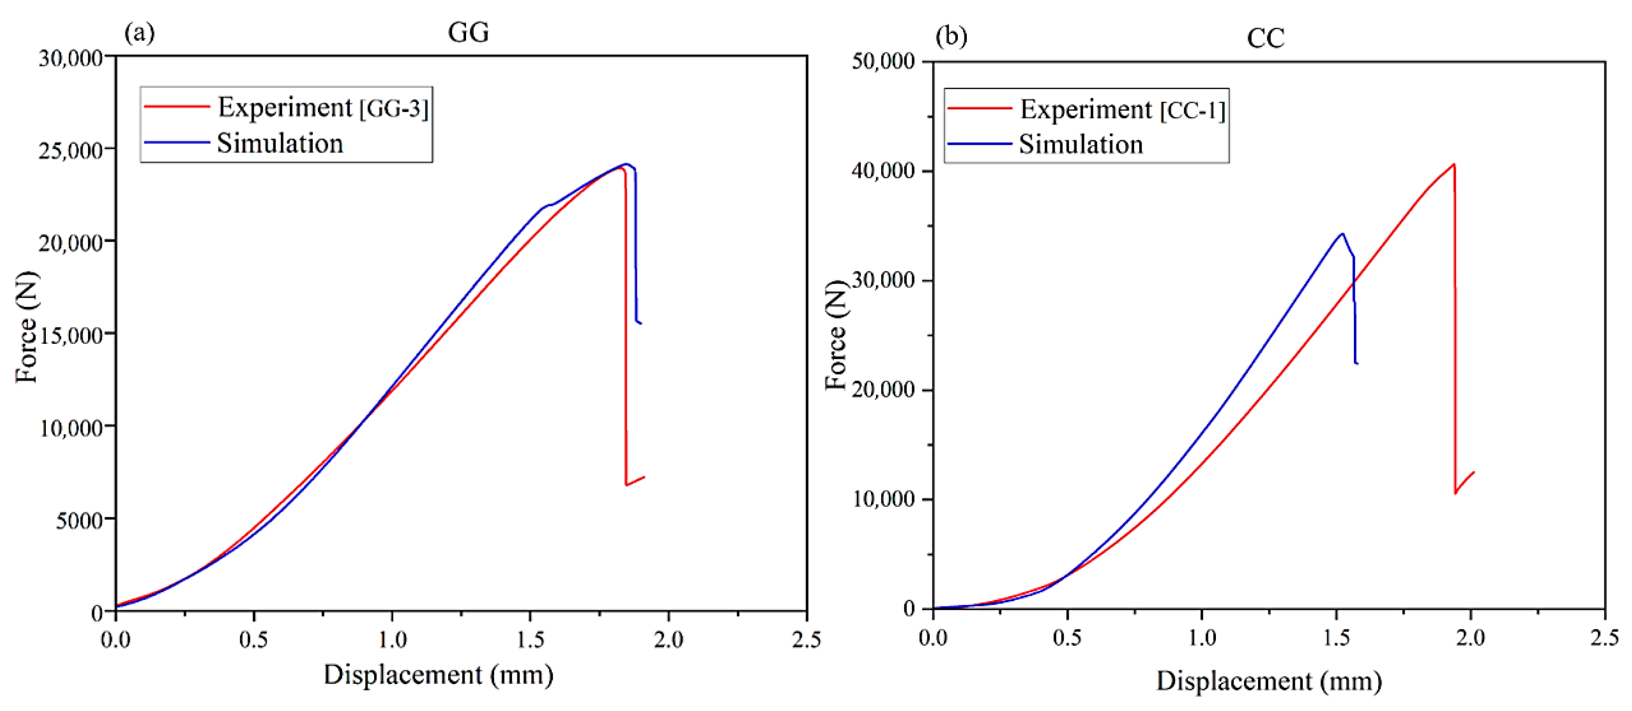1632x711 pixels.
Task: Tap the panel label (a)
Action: point(139,32)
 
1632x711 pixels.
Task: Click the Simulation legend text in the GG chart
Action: point(280,143)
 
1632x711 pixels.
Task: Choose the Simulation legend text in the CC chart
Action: point(1081,144)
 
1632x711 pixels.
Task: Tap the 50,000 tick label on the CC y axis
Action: point(883,61)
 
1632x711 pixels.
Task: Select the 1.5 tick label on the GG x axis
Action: point(530,640)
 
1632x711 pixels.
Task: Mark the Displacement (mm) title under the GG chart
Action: point(439,675)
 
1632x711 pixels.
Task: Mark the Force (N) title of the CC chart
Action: point(836,335)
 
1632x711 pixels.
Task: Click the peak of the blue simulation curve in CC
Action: point(1342,234)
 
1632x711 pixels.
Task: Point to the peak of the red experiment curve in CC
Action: point(1454,164)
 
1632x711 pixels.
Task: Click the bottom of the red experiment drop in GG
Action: point(626,485)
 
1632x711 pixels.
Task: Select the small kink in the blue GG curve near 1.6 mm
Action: point(551,205)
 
